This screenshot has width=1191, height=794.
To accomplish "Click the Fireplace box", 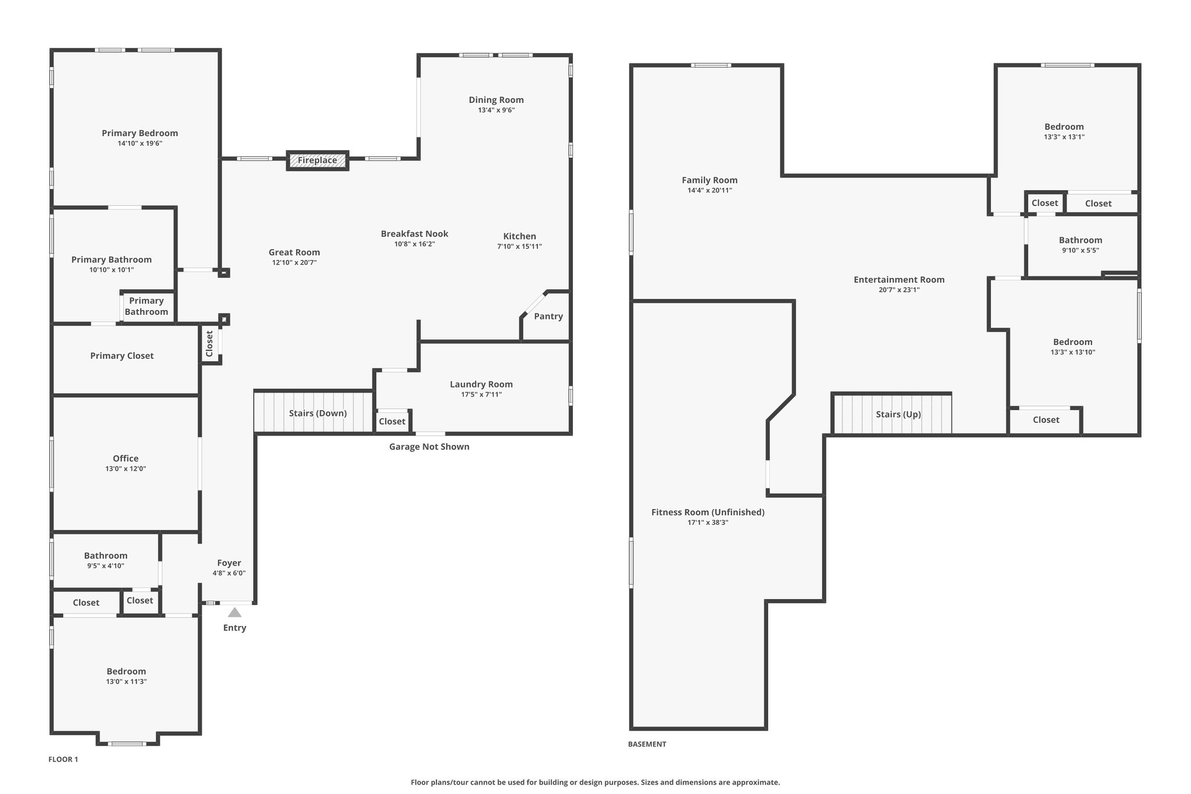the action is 318,161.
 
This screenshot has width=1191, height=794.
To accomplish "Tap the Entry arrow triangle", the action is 234,612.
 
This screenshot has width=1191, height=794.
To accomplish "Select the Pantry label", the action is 548,316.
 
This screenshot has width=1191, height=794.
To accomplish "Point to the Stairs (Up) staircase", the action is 892,414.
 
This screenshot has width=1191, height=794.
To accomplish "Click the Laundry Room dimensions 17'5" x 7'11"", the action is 482,394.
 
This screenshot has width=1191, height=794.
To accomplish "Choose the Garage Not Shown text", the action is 429,447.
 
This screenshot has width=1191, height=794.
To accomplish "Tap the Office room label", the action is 126,458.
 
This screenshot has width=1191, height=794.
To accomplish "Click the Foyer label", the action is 229,563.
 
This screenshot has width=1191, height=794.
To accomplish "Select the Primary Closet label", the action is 122,356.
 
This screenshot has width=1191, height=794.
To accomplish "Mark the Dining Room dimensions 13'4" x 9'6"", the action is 497,110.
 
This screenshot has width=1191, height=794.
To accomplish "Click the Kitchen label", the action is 520,236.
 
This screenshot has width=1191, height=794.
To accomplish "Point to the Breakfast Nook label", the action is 415,234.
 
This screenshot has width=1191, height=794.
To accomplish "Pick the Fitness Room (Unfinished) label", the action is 708,512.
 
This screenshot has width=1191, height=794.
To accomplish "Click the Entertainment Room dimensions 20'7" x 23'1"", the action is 899,290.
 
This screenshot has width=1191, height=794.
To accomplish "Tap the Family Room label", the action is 709,180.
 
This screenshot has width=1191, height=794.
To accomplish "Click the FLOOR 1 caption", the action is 63,759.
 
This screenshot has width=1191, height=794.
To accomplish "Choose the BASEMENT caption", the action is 647,744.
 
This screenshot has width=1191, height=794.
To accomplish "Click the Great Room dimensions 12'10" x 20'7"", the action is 294,262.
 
